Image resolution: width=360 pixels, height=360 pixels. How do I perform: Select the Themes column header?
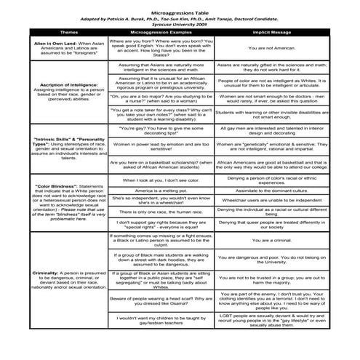click(68, 33)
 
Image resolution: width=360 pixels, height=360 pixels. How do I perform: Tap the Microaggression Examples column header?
click(160, 33)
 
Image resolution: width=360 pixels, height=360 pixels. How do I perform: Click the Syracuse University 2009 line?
click(180, 25)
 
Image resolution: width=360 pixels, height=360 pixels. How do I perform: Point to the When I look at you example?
click(160, 179)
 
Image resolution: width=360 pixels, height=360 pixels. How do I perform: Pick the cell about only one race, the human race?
click(160, 211)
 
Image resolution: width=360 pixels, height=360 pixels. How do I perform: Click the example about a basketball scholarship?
click(160, 165)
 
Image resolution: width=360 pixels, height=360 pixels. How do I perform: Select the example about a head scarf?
click(160, 300)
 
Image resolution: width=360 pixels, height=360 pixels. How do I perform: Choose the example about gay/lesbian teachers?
click(160, 320)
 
